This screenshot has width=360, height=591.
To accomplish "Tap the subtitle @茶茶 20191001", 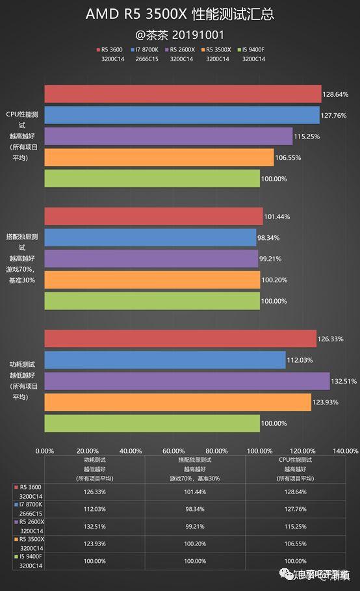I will [x=179, y=34].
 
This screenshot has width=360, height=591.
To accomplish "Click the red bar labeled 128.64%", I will [x=183, y=94].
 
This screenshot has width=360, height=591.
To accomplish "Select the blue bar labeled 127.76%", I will [x=182, y=115].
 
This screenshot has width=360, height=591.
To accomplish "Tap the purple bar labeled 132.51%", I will [x=187, y=381].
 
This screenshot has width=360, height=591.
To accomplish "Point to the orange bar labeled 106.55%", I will [x=159, y=157].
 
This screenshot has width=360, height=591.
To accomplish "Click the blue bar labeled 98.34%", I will [x=150, y=238].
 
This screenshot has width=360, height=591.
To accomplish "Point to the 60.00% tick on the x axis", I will [x=174, y=451].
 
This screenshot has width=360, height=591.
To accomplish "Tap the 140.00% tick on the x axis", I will [x=345, y=451].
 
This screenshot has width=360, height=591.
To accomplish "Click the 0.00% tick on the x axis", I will [x=45, y=451].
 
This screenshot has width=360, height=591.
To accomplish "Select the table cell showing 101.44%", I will [x=194, y=492].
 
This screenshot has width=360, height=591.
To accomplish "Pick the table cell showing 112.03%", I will [x=94, y=508].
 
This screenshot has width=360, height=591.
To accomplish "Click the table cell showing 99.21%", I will [x=194, y=526].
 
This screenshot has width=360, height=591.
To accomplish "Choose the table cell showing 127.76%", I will [x=296, y=508].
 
